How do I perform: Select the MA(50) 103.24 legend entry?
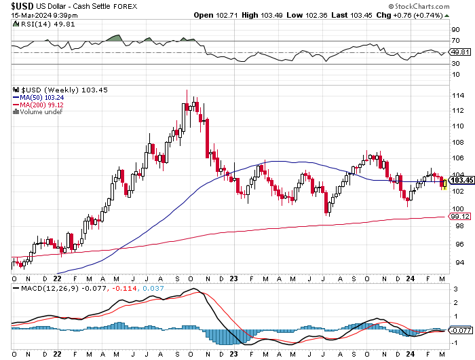tap(40, 97)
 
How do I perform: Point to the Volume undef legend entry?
tap(37, 112)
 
